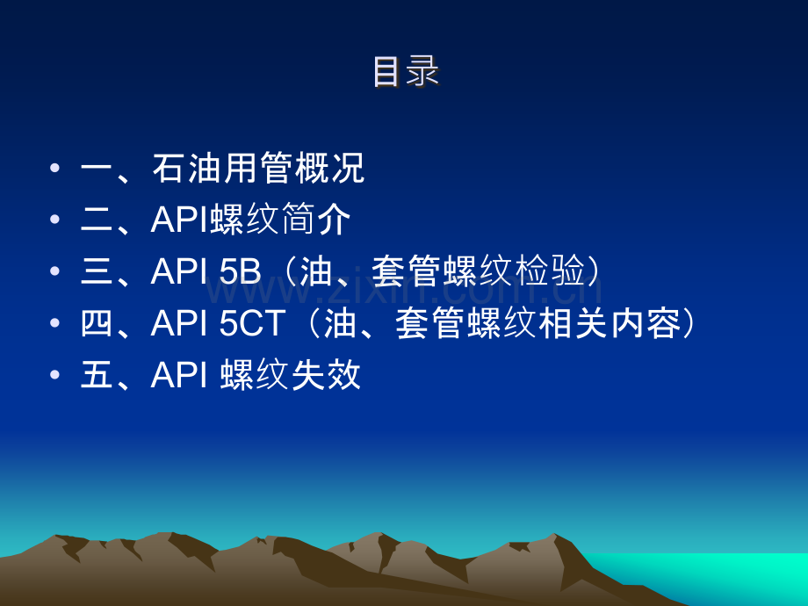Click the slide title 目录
406,72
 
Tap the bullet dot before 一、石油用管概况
55,168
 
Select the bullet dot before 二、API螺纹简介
55,220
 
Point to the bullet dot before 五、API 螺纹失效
55,375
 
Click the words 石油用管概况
259,168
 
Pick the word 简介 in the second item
316,220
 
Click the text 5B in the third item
241,271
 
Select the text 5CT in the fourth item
253,323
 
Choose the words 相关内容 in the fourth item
610,323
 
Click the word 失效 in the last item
326,375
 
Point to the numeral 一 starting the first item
97,169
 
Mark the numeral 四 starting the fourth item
97,323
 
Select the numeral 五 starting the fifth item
97,375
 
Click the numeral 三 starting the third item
97,271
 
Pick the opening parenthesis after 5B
292,271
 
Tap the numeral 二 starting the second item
97,220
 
